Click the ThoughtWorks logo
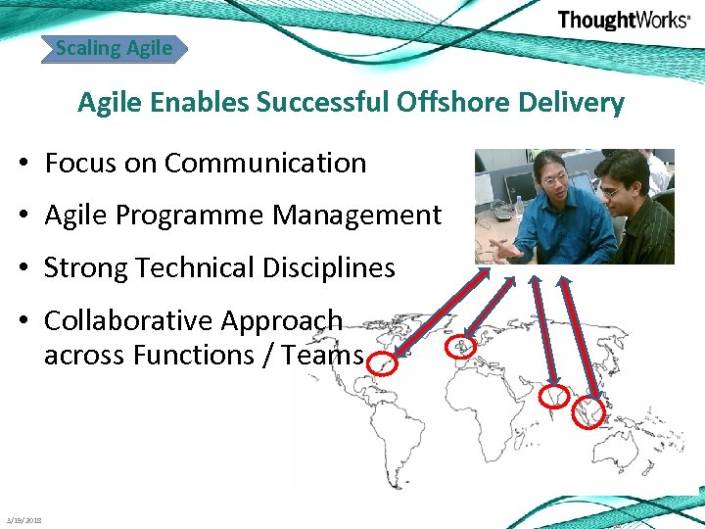(x=623, y=21)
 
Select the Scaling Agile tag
(x=114, y=47)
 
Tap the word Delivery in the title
(x=575, y=102)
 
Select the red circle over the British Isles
(x=457, y=349)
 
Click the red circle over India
(x=554, y=396)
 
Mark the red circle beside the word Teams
(x=383, y=364)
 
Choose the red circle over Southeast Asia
(x=588, y=412)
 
